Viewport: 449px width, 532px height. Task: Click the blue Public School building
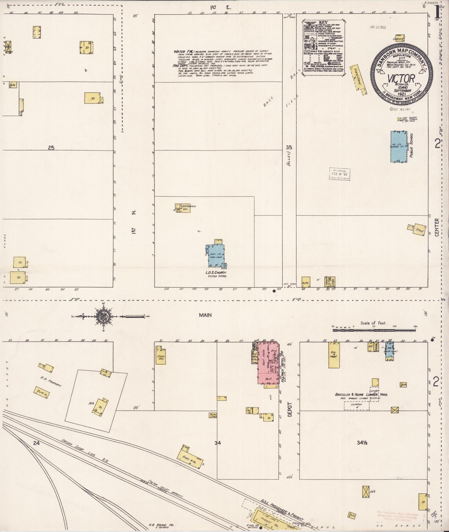399,147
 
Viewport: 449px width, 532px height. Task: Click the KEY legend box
324,46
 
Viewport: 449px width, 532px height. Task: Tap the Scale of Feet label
373,323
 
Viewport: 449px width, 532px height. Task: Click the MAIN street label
205,315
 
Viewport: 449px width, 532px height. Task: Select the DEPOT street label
290,409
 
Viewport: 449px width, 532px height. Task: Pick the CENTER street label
437,227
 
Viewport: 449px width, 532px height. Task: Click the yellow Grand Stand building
357,79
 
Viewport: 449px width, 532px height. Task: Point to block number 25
51,148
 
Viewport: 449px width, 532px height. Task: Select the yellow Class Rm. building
161,355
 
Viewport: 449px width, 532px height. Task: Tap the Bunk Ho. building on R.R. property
43,391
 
